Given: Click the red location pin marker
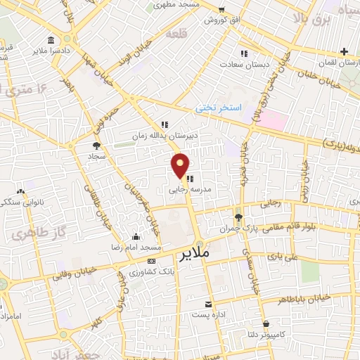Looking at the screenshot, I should click(181, 165).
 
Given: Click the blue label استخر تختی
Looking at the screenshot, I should click(218, 108).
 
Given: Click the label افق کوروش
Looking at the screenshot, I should click(221, 20).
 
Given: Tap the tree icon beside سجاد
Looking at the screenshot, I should click(96, 146).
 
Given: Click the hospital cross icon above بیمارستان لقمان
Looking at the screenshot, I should click(344, 51).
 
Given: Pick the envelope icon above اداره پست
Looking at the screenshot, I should click(208, 304).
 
